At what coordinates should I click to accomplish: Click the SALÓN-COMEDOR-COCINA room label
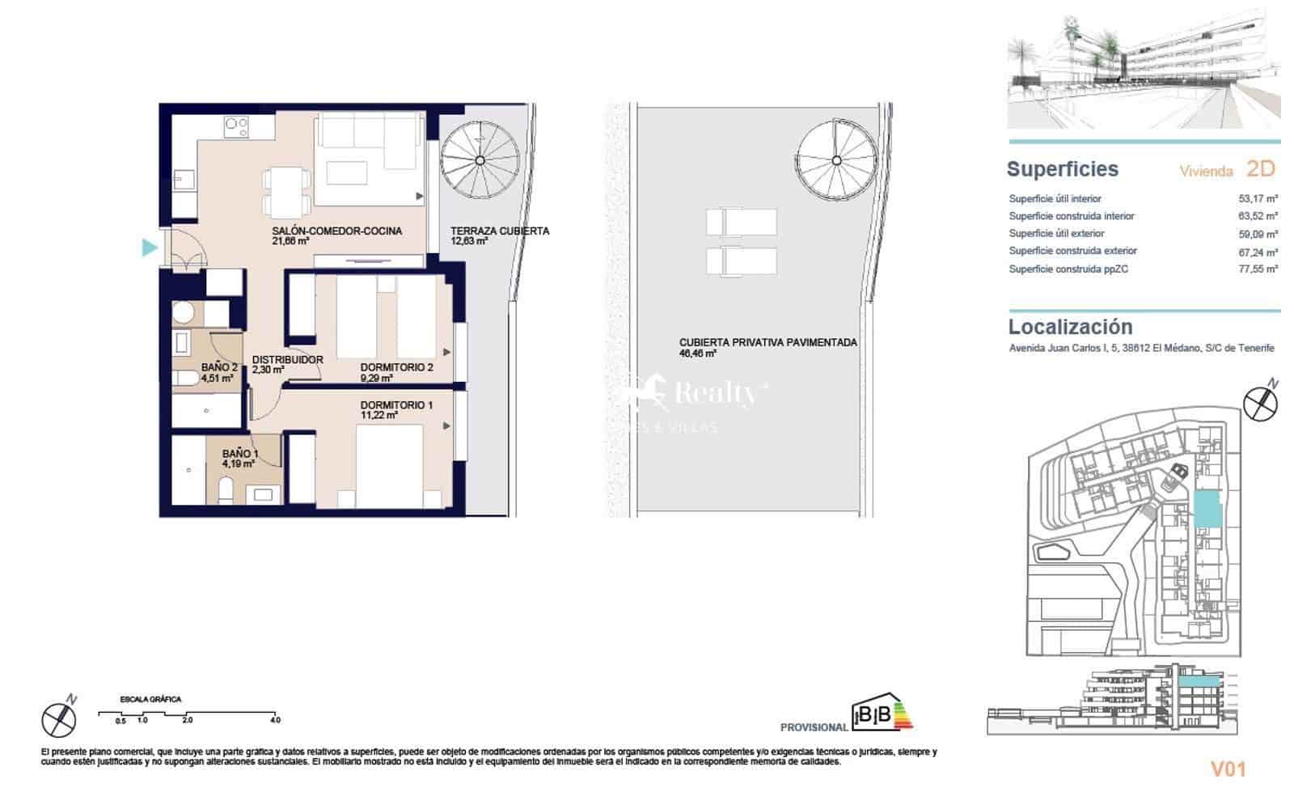point(336,231)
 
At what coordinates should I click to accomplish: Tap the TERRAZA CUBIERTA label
point(499,231)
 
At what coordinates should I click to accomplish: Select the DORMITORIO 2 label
point(396,367)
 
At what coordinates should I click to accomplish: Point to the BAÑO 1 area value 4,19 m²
point(239,464)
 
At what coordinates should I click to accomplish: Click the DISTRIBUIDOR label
point(287,360)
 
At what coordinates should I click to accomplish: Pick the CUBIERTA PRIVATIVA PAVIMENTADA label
point(768,342)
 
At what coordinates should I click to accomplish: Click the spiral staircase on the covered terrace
point(480,159)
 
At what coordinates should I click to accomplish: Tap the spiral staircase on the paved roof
point(835,159)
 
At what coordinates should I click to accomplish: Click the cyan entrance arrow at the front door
point(149,248)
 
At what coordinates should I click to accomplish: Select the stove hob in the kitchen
point(237,126)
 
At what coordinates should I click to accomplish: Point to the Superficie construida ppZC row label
point(1068,269)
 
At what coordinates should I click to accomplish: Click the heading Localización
point(1069,327)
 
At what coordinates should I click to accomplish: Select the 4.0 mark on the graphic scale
point(275,720)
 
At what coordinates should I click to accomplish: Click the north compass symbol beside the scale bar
point(58,718)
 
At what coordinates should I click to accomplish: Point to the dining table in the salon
point(286,191)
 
